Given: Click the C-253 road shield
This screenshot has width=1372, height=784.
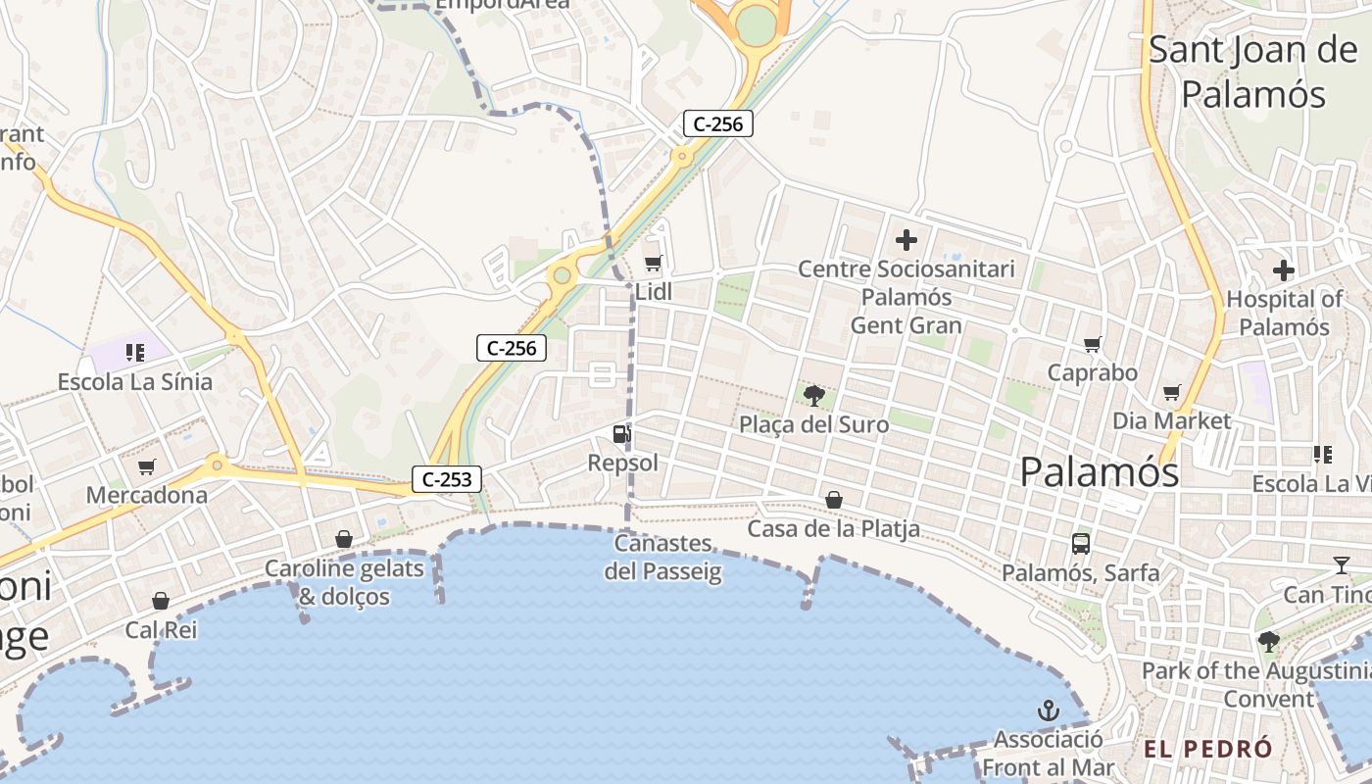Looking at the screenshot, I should click(448, 479).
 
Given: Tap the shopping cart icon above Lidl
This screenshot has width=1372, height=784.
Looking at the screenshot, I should click(653, 263).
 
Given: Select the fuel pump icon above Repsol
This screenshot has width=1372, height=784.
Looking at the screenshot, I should click(621, 433).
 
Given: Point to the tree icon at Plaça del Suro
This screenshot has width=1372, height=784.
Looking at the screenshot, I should click(813, 396).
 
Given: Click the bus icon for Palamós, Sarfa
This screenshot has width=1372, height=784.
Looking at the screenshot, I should click(1080, 544).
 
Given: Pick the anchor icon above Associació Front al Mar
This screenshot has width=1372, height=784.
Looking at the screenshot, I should click(1049, 710).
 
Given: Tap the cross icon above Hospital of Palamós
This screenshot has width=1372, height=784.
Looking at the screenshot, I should click(1284, 270).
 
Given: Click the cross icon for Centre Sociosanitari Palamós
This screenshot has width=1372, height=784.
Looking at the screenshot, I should click(906, 239).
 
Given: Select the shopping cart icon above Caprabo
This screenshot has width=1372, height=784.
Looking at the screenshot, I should click(1093, 344).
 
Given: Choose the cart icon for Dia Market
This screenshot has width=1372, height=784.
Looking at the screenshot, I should click(1171, 393).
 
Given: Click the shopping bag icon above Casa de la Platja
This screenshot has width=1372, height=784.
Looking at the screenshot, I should click(833, 501).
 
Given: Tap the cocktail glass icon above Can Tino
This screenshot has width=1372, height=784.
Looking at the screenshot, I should click(1341, 564).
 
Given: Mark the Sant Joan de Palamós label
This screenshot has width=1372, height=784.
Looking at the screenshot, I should click(1252, 72).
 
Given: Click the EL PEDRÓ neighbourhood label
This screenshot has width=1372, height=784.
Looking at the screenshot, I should click(1208, 749).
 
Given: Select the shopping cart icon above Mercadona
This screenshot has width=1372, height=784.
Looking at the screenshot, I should click(147, 467).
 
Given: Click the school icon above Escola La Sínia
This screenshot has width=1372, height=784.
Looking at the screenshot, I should click(135, 353).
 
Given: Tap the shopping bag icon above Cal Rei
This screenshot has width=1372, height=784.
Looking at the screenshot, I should click(161, 601).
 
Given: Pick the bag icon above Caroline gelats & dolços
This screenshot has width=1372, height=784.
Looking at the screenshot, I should click(344, 539).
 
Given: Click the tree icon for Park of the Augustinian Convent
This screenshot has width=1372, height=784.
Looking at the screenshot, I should click(1269, 642).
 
